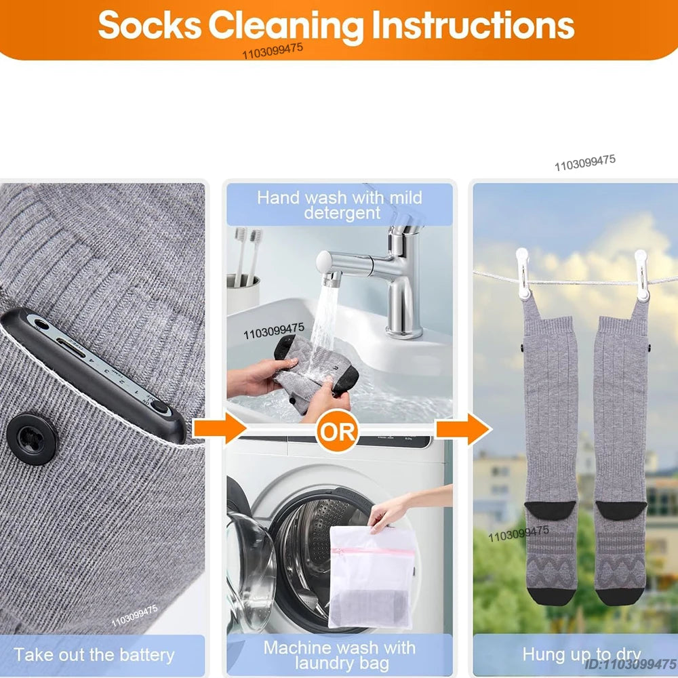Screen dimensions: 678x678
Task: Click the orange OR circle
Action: coord(337,432)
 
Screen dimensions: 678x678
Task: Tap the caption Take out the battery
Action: coord(94,655)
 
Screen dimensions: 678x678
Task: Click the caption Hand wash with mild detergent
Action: coord(340,205)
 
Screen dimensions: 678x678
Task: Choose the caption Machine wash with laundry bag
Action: coord(340,655)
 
